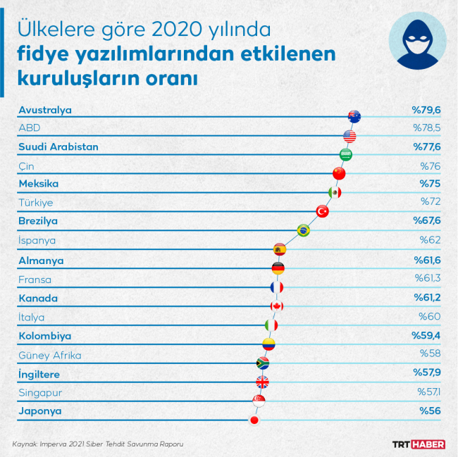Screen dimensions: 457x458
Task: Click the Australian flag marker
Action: (354, 117)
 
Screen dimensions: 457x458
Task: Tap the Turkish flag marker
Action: (322, 211)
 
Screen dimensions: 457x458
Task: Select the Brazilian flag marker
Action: (303, 230)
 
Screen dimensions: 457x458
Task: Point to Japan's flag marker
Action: (254, 420)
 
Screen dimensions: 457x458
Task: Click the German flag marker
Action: (278, 268)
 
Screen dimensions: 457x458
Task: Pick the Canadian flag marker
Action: (277, 306)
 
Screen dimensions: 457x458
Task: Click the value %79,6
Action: (426, 109)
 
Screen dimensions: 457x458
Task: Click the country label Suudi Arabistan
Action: (58, 146)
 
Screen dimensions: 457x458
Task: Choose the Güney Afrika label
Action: (50, 355)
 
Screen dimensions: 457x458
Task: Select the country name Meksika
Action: (38, 184)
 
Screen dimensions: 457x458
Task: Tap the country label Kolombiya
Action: (44, 336)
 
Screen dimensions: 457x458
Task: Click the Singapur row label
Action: (40, 392)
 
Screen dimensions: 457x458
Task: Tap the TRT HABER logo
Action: (419, 444)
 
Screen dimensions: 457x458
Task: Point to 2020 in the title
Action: (170, 31)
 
